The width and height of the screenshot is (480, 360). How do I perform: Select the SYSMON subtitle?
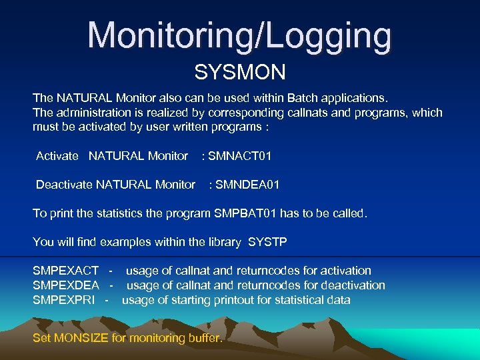tap(240, 71)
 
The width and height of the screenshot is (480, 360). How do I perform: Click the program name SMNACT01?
tap(240, 156)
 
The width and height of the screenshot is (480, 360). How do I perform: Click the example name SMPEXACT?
tap(66, 271)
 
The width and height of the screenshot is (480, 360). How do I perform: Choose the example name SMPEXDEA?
tap(66, 285)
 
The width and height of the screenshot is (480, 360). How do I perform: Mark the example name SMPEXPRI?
tap(64, 300)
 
